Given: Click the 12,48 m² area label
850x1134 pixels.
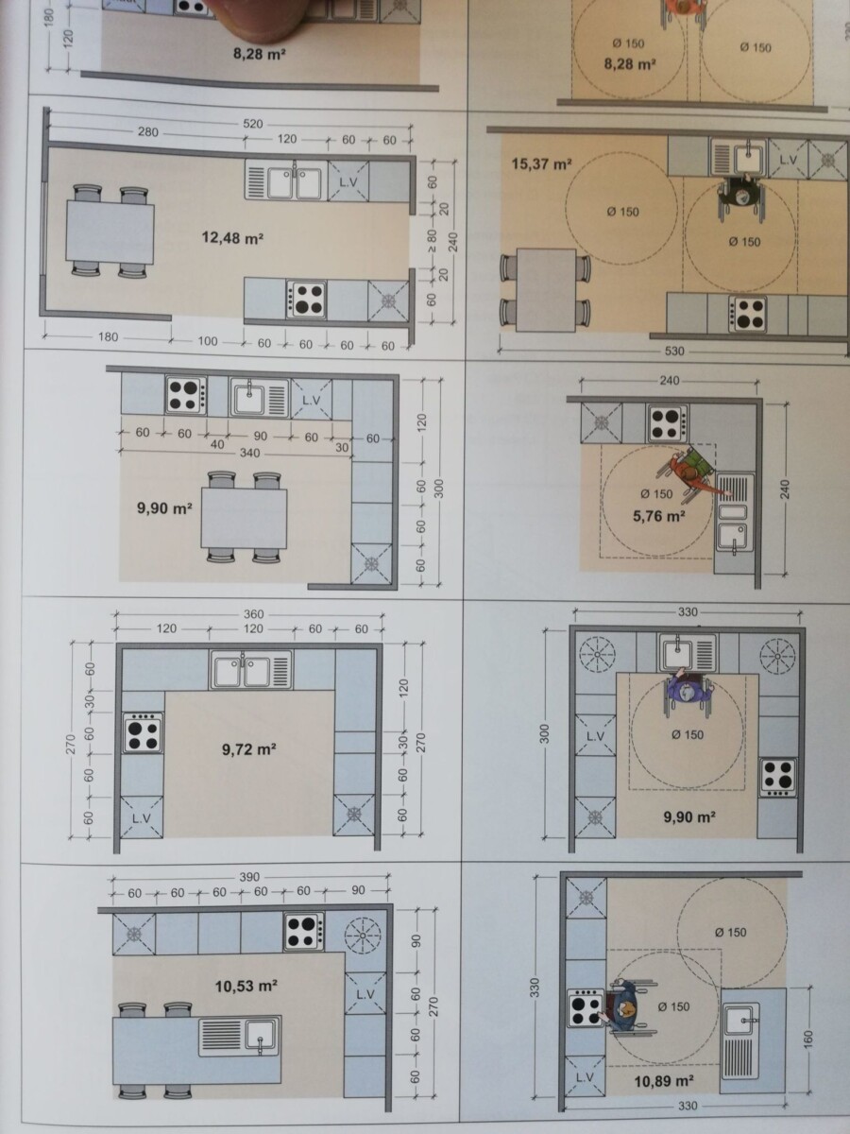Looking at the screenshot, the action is [x=232, y=238].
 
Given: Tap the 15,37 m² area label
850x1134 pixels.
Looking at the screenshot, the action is [x=541, y=164].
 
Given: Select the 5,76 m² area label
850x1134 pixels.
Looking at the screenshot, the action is [x=659, y=516].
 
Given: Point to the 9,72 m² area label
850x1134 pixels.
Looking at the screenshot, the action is [x=249, y=748].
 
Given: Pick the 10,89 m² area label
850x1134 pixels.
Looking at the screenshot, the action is [x=664, y=1080].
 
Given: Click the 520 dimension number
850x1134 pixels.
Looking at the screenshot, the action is [x=253, y=124].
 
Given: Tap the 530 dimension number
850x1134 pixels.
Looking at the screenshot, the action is [x=674, y=352].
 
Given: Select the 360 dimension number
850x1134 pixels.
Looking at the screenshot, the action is [x=253, y=614].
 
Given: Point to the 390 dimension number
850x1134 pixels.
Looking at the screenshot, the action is [x=249, y=877].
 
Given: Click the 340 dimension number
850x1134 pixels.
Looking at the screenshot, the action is [x=249, y=453].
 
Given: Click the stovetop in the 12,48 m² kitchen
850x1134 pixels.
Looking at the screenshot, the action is [x=306, y=300].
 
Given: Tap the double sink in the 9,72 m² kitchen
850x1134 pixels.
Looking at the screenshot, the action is [x=250, y=670].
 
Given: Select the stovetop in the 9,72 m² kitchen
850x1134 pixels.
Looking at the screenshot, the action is [x=143, y=733].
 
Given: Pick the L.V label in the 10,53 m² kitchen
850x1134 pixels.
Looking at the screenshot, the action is [x=365, y=994].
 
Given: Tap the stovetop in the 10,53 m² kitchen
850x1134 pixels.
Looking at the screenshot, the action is [x=303, y=932].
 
